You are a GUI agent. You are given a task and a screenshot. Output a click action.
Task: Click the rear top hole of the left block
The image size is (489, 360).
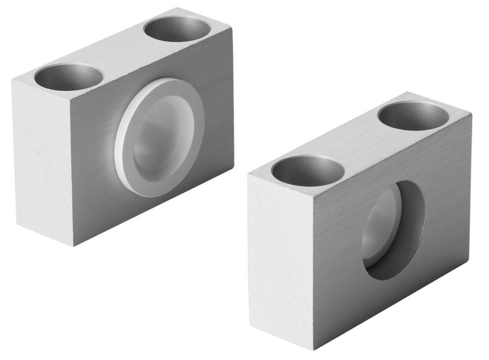pyautogui.click(x=177, y=29)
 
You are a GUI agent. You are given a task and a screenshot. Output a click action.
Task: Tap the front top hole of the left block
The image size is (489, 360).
pyautogui.click(x=68, y=77)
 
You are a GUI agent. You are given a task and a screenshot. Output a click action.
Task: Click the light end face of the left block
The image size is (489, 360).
pyautogui.click(x=42, y=162)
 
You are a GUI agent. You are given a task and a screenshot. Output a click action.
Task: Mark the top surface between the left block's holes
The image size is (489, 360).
pyautogui.click(x=123, y=52)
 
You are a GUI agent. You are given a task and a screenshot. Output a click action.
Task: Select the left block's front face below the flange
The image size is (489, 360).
pyautogui.click(x=153, y=208)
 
